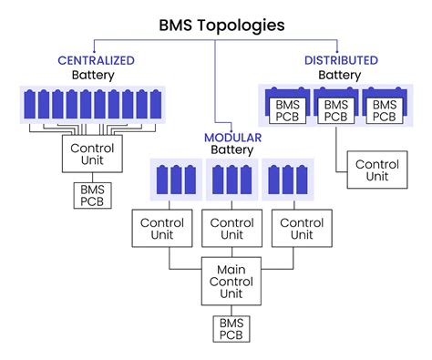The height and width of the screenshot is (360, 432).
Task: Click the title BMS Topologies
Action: click(x=216, y=25)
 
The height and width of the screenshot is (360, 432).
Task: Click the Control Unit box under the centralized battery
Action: click(x=87, y=152)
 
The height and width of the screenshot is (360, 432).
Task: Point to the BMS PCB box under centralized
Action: click(x=92, y=195)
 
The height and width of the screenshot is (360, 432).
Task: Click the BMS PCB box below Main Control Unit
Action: click(x=231, y=329)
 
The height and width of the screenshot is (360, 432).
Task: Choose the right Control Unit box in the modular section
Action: click(x=294, y=228)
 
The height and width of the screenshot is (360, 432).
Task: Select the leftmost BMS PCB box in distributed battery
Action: click(x=284, y=109)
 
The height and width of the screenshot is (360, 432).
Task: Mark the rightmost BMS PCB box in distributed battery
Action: click(x=383, y=109)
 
